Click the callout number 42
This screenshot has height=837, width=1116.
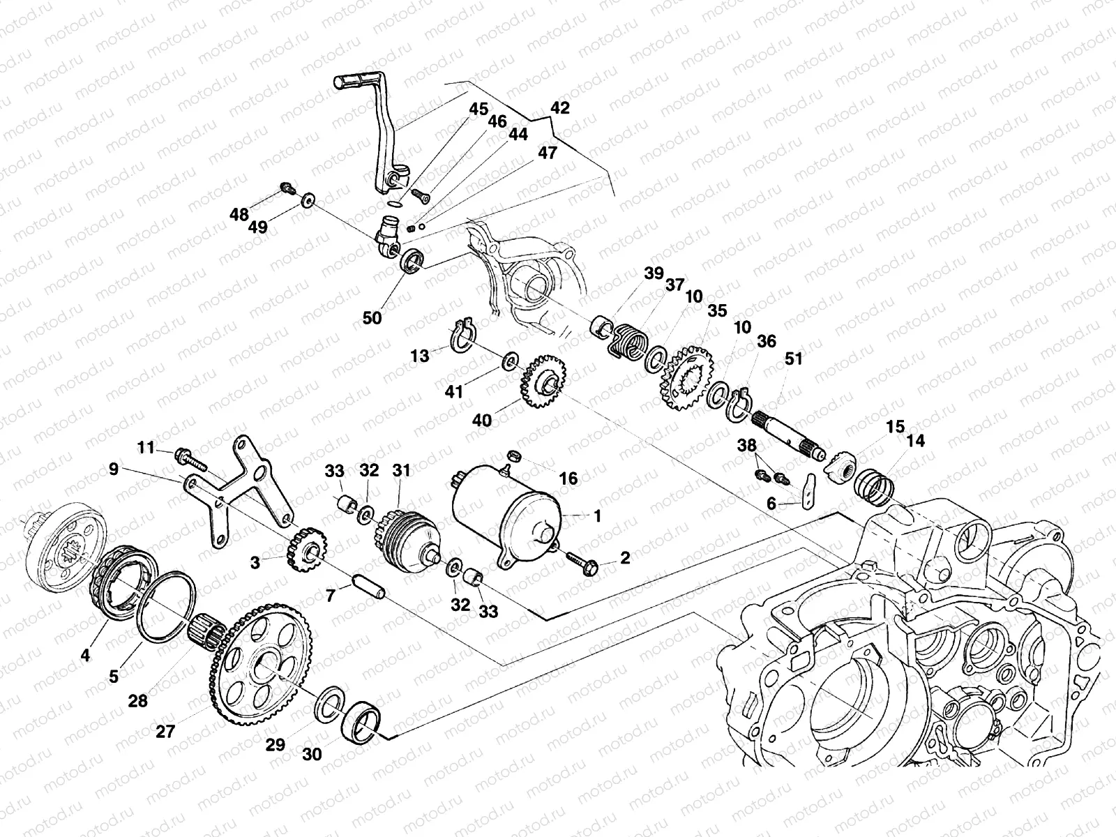(559, 108)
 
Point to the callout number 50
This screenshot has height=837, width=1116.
(372, 317)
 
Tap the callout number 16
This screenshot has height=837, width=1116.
(568, 478)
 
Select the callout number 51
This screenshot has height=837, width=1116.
(793, 359)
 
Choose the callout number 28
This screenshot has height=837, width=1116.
(138, 700)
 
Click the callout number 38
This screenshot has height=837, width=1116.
(746, 445)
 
